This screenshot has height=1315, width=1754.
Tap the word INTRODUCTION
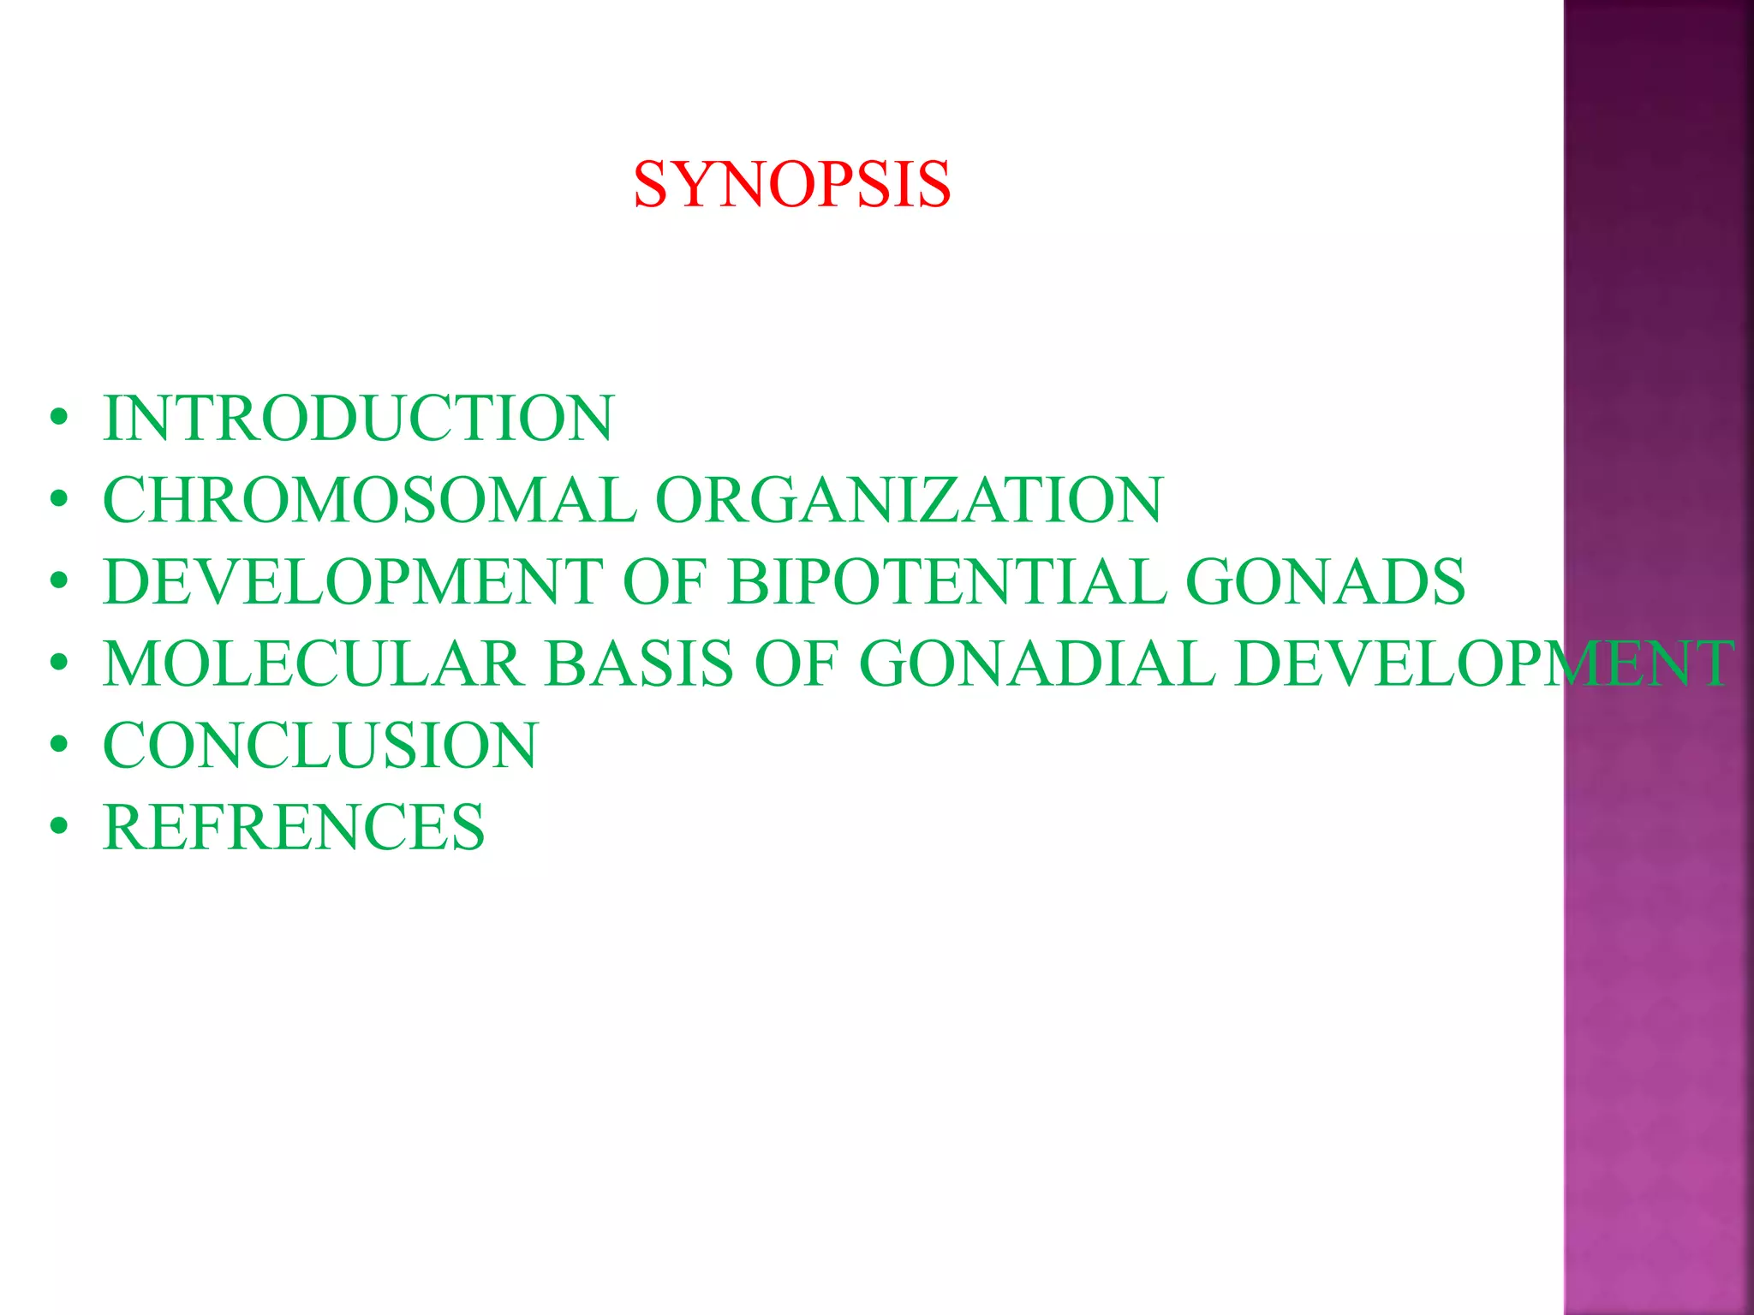(358, 418)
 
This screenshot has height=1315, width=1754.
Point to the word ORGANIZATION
(909, 500)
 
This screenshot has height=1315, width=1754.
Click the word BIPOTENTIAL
(946, 582)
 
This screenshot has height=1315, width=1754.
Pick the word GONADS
(1325, 582)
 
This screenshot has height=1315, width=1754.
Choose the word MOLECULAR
(313, 663)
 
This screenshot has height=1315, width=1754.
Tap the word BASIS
(640, 663)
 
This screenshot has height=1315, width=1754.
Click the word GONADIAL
(1036, 663)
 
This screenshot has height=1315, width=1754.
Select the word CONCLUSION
(320, 745)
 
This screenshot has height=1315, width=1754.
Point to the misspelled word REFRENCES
(294, 827)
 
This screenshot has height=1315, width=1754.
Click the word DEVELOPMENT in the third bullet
(353, 582)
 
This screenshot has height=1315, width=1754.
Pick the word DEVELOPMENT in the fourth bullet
(1484, 663)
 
